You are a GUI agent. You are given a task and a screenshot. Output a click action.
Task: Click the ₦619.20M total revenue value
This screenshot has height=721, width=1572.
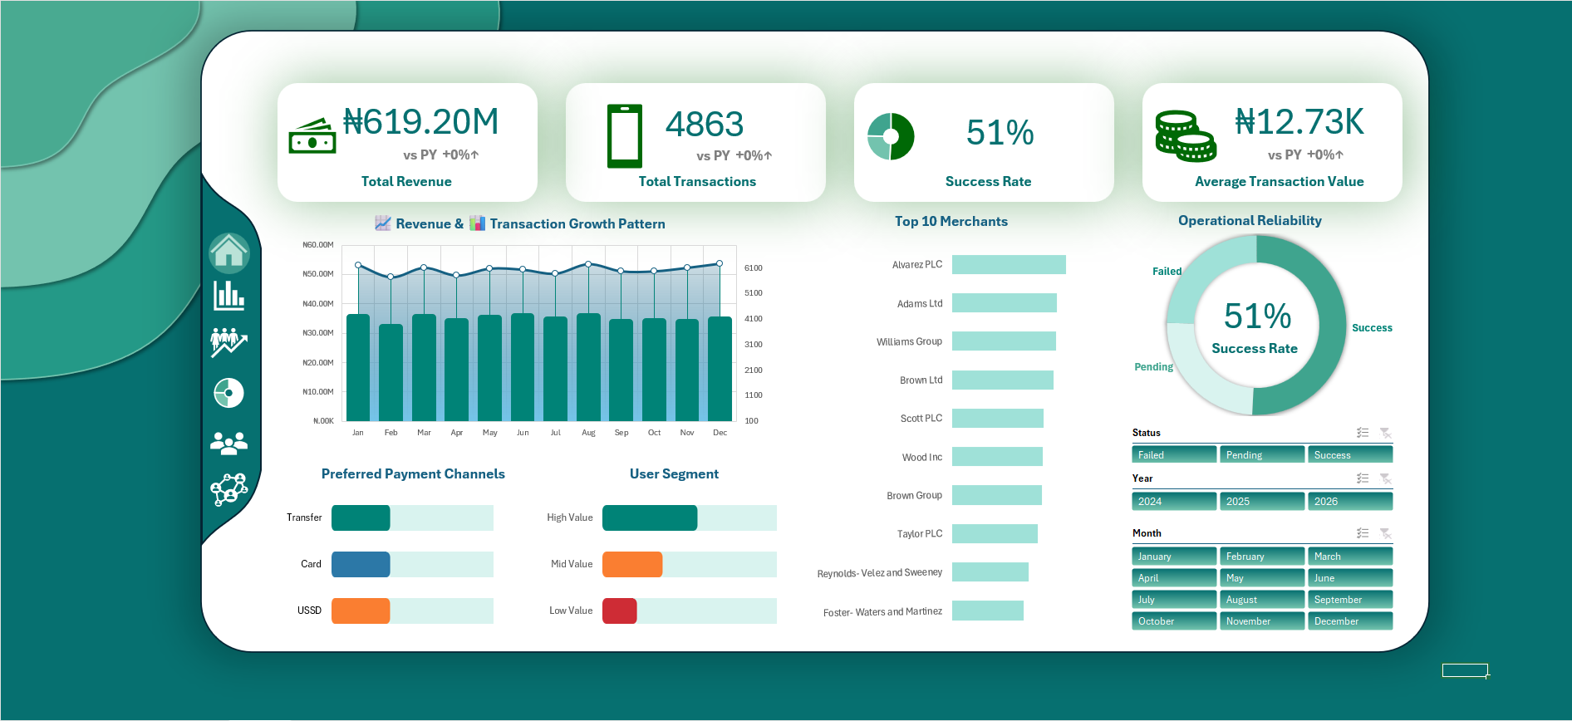tap(421, 122)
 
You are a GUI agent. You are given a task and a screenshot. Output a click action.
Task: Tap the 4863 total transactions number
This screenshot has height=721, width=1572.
tap(705, 125)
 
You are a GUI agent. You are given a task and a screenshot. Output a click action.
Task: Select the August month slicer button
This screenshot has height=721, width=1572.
tap(1261, 600)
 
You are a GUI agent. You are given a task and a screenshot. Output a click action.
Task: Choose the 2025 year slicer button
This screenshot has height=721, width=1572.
tap(1261, 502)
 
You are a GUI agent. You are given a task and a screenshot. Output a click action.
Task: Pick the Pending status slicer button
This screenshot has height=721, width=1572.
tap(1261, 455)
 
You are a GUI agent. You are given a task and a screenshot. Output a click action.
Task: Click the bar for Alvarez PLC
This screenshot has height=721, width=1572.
tap(1009, 264)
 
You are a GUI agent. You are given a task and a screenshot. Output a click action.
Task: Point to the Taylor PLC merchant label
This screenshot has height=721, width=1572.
tap(920, 534)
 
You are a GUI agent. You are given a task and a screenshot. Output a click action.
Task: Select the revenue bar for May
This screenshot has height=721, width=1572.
tap(489, 368)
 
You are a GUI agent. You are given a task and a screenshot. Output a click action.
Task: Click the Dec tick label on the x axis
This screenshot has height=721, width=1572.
tap(720, 433)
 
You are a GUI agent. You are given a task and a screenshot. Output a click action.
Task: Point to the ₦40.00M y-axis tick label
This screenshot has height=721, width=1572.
tap(318, 304)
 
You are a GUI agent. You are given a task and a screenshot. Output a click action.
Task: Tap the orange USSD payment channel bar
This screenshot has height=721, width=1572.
tap(361, 611)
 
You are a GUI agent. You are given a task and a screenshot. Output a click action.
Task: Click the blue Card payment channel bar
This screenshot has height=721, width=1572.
tap(361, 564)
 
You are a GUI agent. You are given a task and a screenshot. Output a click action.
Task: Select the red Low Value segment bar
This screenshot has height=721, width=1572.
tap(620, 611)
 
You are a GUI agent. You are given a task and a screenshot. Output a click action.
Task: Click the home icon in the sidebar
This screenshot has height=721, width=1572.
tap(229, 253)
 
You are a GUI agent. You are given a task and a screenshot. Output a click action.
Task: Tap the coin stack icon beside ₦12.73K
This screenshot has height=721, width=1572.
tap(1186, 136)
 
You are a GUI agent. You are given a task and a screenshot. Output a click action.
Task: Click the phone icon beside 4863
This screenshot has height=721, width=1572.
tap(625, 136)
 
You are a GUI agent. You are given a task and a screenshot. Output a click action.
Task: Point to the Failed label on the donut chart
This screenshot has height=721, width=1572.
tap(1167, 272)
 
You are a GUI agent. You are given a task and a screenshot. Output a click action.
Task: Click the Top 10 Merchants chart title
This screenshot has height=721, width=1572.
tap(951, 222)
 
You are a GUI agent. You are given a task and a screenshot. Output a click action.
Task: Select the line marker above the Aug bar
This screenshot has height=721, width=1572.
tap(588, 264)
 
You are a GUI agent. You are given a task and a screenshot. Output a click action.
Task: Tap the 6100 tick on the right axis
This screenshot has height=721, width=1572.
tap(754, 268)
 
